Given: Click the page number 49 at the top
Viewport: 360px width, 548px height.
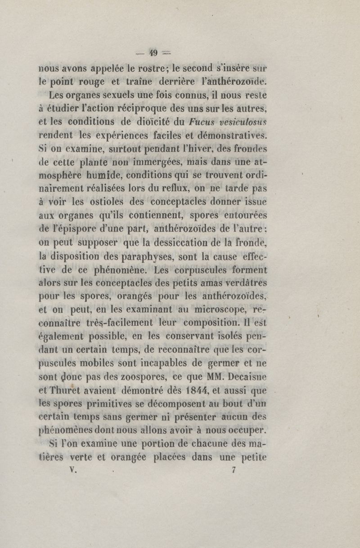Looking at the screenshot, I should click(153, 53).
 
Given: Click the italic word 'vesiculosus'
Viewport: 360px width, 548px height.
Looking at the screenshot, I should click(243, 121).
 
